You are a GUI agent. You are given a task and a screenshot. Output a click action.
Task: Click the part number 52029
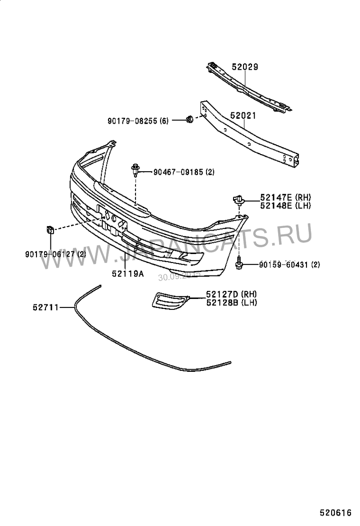(x=245, y=67)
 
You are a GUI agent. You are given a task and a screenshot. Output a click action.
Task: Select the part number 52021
(x=243, y=116)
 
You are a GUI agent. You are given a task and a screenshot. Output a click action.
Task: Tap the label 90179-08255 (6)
(x=138, y=120)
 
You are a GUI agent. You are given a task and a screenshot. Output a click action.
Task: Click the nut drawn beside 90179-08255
(x=189, y=120)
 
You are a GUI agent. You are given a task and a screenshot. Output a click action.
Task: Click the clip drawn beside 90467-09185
(x=135, y=169)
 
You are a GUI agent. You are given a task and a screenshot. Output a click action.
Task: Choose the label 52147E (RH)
(x=285, y=197)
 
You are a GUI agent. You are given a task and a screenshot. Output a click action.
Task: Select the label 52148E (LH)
(x=285, y=205)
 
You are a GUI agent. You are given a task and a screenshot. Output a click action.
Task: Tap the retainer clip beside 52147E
(x=238, y=199)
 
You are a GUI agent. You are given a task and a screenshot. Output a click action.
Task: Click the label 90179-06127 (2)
(x=56, y=254)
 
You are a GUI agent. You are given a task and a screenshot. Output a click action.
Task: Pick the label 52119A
(x=128, y=272)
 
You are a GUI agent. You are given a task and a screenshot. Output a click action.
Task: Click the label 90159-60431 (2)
(x=289, y=265)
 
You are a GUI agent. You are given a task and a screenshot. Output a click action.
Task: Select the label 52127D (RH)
(x=231, y=294)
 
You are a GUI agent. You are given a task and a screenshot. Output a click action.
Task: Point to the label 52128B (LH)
(x=231, y=303)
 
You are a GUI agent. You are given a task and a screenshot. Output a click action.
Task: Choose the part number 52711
(x=45, y=308)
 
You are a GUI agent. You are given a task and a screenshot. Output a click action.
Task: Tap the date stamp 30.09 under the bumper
(x=179, y=276)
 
